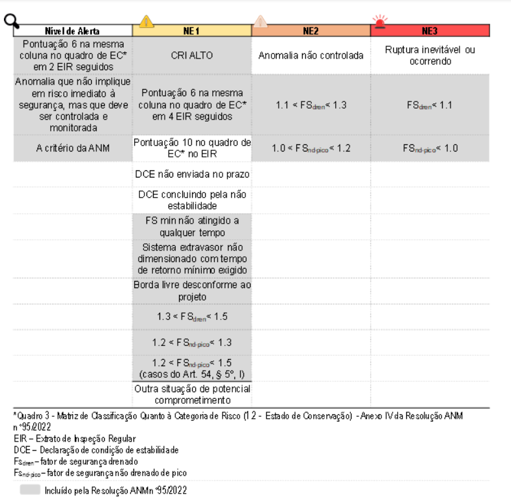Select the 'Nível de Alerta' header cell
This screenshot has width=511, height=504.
click(x=72, y=31)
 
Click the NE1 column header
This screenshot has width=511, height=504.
click(x=191, y=31)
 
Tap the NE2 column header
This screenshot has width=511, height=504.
click(x=311, y=31)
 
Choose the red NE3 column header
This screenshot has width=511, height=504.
click(x=430, y=31)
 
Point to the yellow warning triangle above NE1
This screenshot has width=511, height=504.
click(x=146, y=21)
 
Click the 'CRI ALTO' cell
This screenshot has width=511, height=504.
click(x=191, y=55)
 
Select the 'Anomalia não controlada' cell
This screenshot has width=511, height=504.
click(x=311, y=55)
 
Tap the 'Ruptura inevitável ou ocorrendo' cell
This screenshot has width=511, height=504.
click(x=430, y=55)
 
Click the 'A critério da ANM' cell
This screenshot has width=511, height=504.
click(x=72, y=148)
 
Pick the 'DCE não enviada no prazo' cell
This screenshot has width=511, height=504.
click(x=191, y=174)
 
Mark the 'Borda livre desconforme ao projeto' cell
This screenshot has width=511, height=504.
click(x=191, y=290)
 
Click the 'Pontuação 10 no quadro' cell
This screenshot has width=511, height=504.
click(x=191, y=148)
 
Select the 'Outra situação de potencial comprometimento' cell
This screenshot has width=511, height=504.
click(x=191, y=395)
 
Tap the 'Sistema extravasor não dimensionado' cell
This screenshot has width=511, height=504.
click(x=191, y=258)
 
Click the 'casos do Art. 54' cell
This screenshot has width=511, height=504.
click(x=191, y=367)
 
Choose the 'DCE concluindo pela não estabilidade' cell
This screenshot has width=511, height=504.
click(x=191, y=200)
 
